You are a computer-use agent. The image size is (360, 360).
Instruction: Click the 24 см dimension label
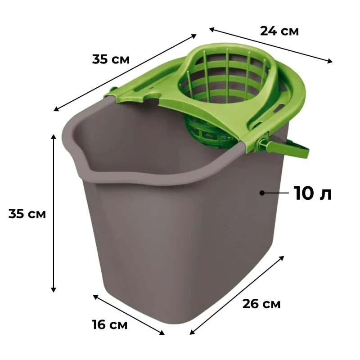point(279,31)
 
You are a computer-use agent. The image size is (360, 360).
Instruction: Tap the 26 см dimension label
point(261,304)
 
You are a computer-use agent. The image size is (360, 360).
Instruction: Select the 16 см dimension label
point(110,324)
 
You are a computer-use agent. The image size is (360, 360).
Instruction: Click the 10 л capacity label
point(313,193)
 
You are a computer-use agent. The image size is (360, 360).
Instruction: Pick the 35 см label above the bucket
point(111,59)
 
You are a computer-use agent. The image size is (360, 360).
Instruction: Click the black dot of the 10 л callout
point(262,193)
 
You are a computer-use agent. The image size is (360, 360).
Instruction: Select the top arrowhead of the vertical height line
point(54,136)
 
